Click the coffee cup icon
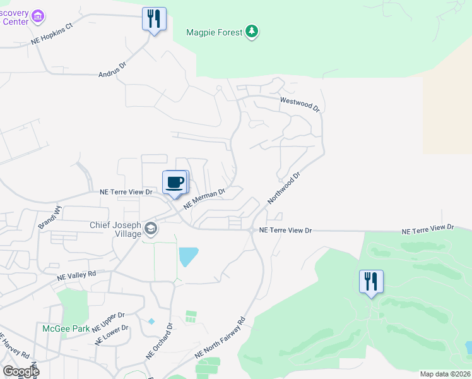click(x=176, y=183)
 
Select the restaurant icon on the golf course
click(x=371, y=281)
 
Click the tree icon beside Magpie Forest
click(x=252, y=32)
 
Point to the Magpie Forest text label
click(x=215, y=32)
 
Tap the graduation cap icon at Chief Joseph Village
click(x=150, y=227)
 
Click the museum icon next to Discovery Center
click(x=38, y=16)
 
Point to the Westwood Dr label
click(x=300, y=103)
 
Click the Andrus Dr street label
click(x=113, y=70)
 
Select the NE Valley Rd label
click(x=76, y=275)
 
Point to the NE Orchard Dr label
click(x=160, y=342)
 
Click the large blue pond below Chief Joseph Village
click(x=188, y=256)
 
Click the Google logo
click(x=21, y=371)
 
